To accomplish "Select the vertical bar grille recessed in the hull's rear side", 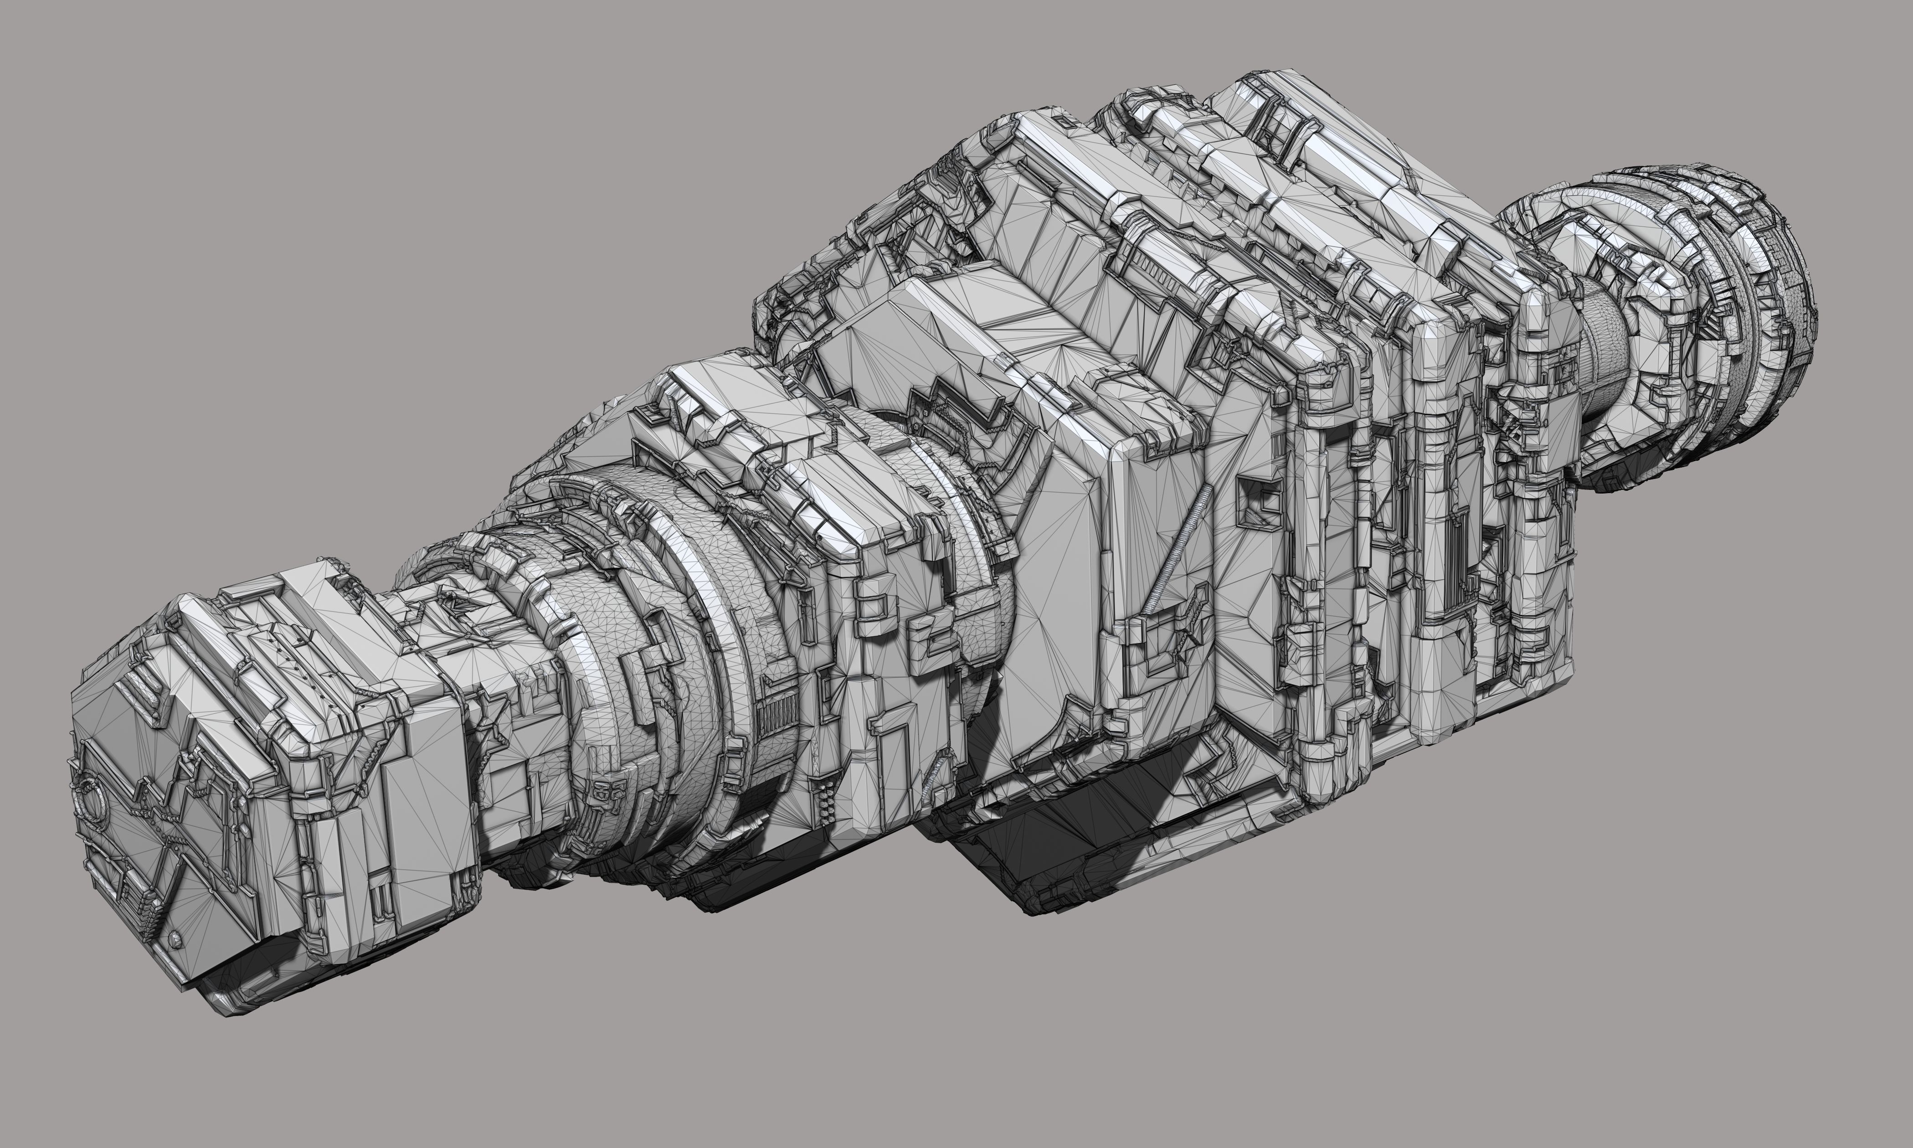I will pyautogui.click(x=1454, y=557).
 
